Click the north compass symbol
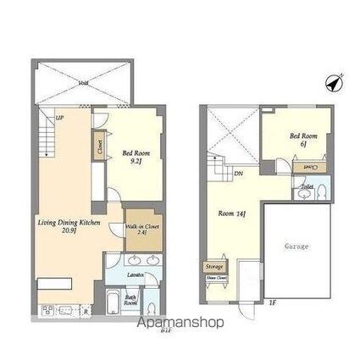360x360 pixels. pos(333,82)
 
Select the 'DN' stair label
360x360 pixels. pos(240,174)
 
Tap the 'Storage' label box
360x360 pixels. pos(213,267)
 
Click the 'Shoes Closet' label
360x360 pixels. pos(215,277)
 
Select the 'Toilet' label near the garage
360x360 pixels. pos(307,186)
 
